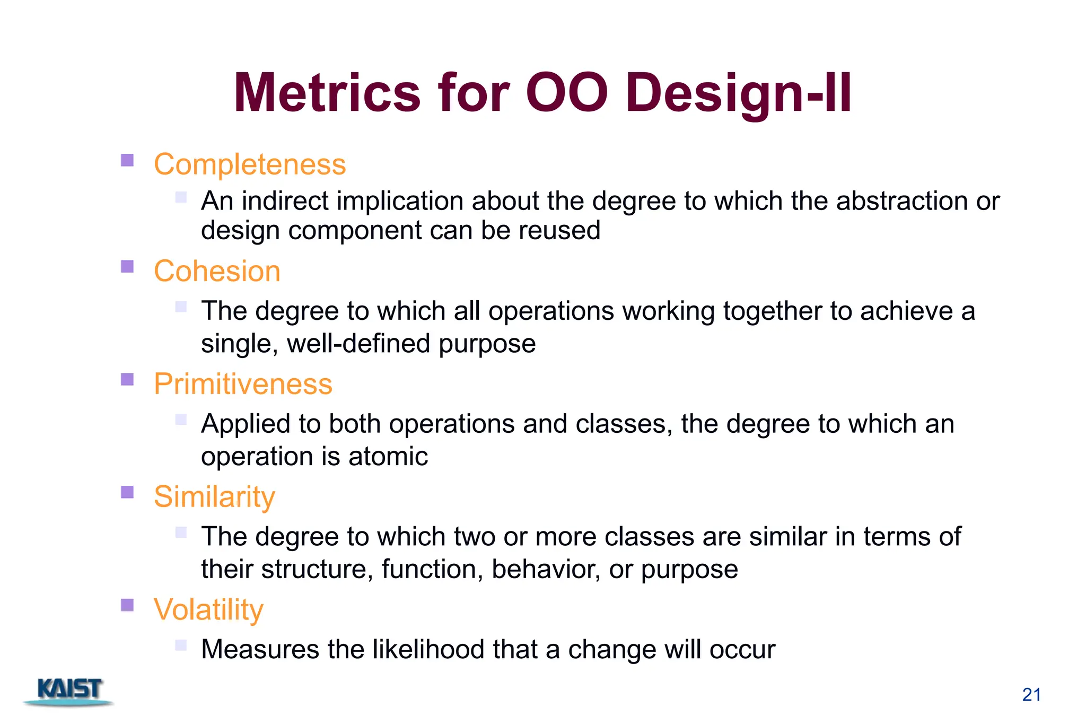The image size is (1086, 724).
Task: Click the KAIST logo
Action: tap(69, 691)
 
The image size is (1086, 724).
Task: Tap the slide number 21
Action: tap(1031, 694)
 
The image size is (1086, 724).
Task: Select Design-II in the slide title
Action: tap(738, 93)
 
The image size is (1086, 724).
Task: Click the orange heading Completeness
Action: tap(250, 164)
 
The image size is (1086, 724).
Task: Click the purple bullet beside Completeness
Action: tap(127, 160)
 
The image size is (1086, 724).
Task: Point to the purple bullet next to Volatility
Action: tap(127, 605)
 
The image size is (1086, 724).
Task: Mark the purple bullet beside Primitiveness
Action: tap(127, 379)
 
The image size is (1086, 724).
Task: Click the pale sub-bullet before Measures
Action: tap(181, 645)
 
